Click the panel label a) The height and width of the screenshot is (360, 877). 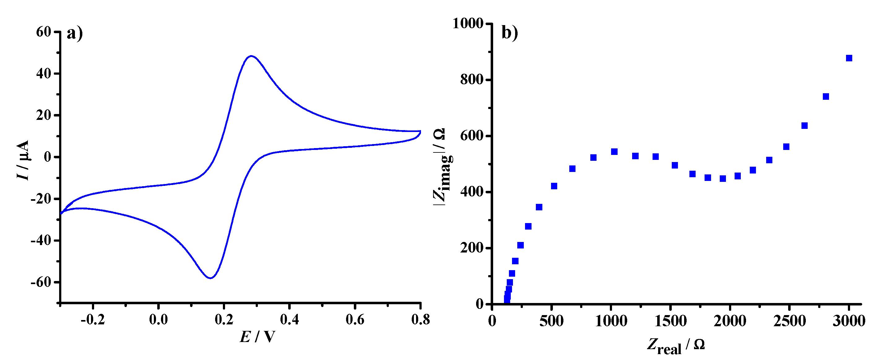coord(75,33)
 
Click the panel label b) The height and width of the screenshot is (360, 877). coord(510,33)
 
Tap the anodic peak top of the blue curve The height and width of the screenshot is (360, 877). coord(251,56)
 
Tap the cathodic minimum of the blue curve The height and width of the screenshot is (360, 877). coord(211,278)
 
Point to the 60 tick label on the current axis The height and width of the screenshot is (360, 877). coord(43,32)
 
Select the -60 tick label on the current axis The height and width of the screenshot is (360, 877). coord(41,282)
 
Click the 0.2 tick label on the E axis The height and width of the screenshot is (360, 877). coord(224,319)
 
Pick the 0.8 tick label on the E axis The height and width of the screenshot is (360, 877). coord(420,319)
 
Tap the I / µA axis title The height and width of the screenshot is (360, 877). coord(23,160)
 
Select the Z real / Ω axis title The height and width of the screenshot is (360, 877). coord(676,346)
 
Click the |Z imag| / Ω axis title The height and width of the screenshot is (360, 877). coord(442,167)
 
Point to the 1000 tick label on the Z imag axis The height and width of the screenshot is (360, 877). coord(468,23)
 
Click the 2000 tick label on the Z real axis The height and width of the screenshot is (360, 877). coord(730,321)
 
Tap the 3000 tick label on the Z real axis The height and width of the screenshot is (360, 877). coord(849,321)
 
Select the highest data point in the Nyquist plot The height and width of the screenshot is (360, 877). coord(849,58)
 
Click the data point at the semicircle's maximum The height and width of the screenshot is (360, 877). coord(614,151)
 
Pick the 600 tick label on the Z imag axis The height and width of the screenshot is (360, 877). coord(471,136)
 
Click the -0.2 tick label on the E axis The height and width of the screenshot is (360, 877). coord(93,319)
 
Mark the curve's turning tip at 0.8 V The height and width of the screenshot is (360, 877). coord(420,131)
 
